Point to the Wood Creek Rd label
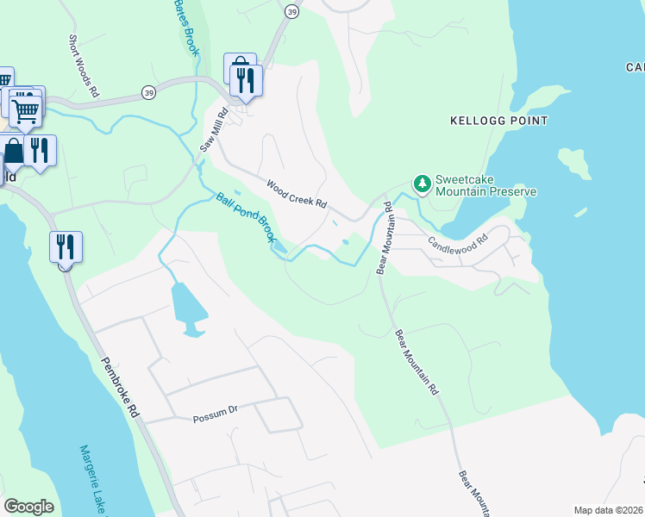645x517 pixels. coord(296,193)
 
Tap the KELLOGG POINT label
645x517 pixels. coord(498,121)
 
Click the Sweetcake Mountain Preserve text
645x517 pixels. coord(485,185)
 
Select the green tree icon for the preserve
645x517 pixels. coord(422,183)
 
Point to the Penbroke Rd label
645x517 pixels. coord(120,387)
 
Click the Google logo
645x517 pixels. coord(28,507)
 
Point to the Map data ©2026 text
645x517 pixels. coord(608,510)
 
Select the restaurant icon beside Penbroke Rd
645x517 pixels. coord(66,247)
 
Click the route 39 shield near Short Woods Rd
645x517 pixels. coord(150,93)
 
